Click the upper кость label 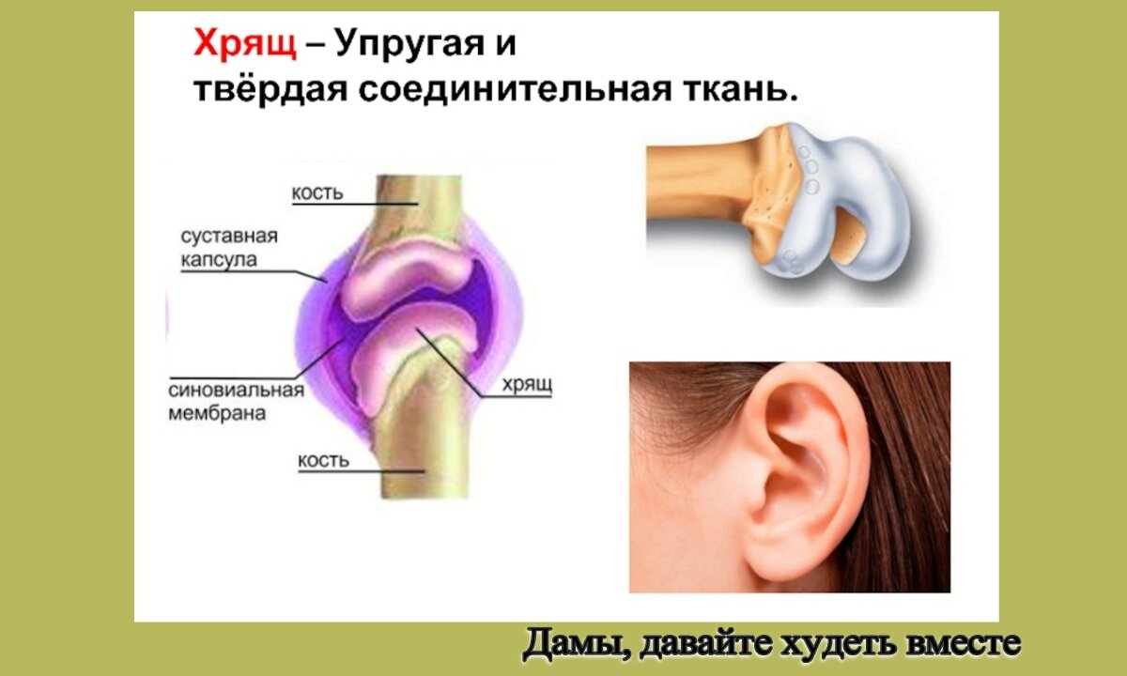[317, 193]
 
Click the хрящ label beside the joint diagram [525, 385]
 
